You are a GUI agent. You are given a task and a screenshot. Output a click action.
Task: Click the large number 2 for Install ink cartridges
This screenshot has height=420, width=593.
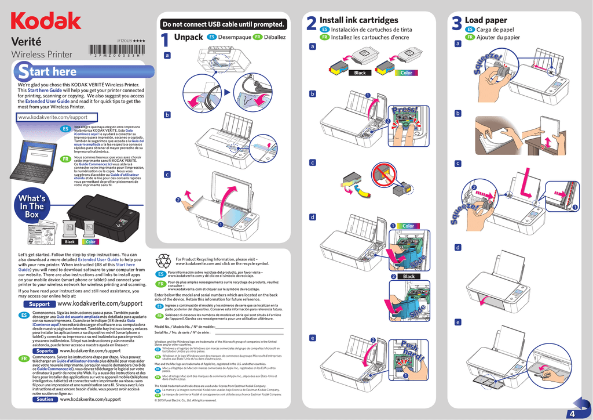pos(310,25)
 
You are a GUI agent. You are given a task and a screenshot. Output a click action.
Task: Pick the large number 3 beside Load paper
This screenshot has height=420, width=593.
pos(456,25)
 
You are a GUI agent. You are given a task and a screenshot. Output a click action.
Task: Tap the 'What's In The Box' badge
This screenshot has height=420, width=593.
pos(32,207)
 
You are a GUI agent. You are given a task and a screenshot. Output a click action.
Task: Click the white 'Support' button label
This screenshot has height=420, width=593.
pos(39,304)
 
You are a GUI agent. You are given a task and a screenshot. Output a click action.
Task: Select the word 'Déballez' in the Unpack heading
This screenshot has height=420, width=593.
pos(274,37)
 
